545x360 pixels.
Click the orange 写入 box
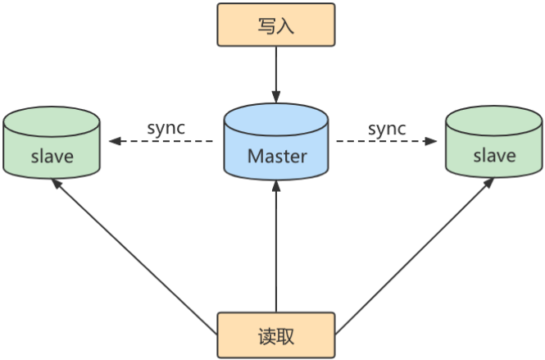coord(276,25)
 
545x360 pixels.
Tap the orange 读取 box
coord(276,335)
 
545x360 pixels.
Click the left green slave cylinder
coord(51,145)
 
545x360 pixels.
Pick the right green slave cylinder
coord(494,145)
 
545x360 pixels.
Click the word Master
coord(276,156)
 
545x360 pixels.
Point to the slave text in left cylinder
coord(51,156)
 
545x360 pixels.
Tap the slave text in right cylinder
coord(494,156)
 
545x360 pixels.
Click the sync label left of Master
coord(166,128)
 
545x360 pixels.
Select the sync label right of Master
coord(387,128)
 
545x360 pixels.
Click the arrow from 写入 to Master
coord(276,74)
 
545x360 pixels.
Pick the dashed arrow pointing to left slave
coord(164,141)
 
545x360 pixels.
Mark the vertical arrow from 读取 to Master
coord(276,246)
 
